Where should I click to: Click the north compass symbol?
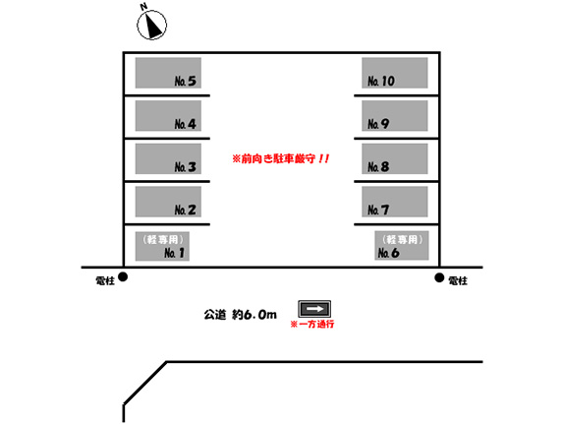(151, 25)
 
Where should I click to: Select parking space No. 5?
(168, 73)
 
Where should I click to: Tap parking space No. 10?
(395, 73)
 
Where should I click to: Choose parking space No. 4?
(168, 116)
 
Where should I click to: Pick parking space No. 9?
(395, 116)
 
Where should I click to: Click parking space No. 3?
(168, 158)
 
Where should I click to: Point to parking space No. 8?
(395, 158)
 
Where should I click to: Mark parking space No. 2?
(168, 202)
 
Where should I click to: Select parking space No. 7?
(395, 202)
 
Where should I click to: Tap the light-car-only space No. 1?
(162, 246)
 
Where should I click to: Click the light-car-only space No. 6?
(402, 245)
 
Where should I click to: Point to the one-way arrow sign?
(314, 309)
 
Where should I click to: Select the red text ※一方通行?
(312, 324)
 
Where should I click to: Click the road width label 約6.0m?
(254, 315)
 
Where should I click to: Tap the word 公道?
(215, 315)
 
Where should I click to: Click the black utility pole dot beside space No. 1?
(123, 276)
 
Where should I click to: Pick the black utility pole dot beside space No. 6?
(439, 277)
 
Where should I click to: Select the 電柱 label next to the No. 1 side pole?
(105, 280)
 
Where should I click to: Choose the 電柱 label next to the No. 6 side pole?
(458, 280)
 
